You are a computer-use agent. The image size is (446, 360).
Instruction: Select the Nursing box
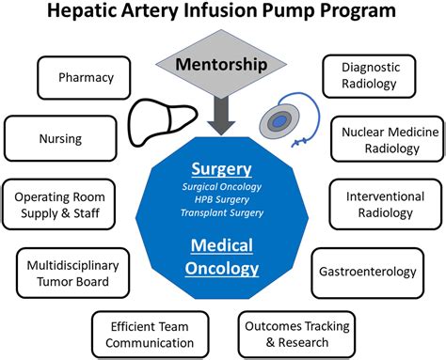pos(59,138)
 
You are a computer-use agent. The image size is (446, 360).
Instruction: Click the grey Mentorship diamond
pos(222,66)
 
